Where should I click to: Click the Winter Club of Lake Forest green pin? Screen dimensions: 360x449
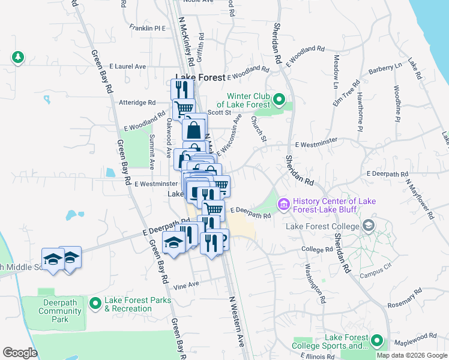(x=279, y=99)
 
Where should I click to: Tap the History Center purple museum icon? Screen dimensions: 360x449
(x=283, y=205)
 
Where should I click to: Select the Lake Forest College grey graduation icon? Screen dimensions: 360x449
(x=368, y=226)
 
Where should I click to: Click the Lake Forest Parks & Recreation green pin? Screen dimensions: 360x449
(x=95, y=304)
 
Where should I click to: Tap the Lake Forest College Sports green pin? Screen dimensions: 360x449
(x=377, y=341)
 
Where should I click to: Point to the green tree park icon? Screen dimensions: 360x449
(x=18, y=57)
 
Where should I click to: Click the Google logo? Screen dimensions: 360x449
(x=20, y=352)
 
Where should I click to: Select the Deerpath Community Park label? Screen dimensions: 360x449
(x=58, y=311)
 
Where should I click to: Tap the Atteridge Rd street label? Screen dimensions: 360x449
(x=138, y=103)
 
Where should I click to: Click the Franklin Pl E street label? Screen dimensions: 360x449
(x=147, y=28)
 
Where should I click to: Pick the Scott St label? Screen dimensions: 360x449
(x=219, y=112)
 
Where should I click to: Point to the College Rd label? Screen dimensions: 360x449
(x=316, y=249)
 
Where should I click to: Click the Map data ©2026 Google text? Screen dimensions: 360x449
(x=412, y=355)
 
